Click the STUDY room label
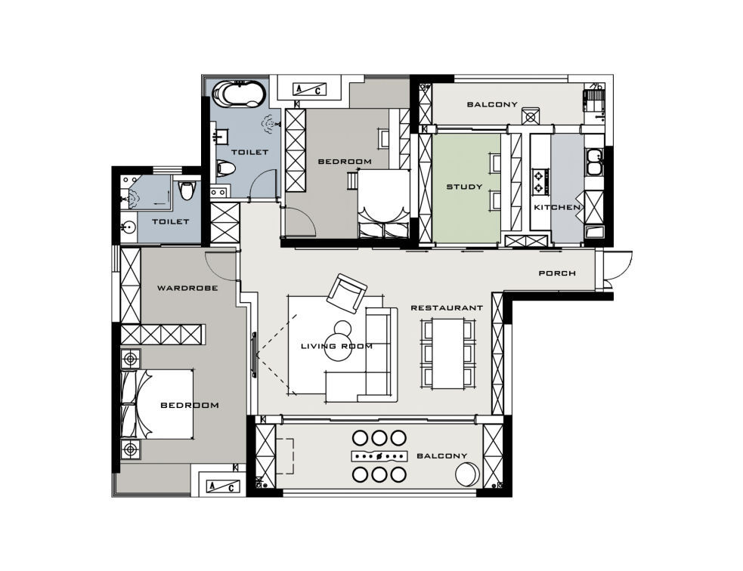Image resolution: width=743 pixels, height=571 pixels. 464,187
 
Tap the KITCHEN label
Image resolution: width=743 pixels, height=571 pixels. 557,208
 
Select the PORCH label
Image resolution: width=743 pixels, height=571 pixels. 557,273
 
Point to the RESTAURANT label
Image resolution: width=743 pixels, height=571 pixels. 447,307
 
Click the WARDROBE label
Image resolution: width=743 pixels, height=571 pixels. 187,288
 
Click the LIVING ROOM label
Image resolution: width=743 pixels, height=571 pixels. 337,346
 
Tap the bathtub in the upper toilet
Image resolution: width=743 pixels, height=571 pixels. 238,94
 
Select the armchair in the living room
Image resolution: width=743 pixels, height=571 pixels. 347,293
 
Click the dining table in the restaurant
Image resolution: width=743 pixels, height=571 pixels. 448,353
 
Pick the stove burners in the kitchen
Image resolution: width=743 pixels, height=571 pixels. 539,182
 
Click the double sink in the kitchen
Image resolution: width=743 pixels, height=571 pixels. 593,162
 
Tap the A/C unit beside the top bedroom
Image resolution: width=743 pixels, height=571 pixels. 310,89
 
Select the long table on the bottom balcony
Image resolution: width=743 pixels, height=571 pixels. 379,456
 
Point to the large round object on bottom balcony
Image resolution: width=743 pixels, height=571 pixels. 468,474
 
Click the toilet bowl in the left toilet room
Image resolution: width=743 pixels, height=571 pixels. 187,190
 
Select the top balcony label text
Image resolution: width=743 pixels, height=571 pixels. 492,104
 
